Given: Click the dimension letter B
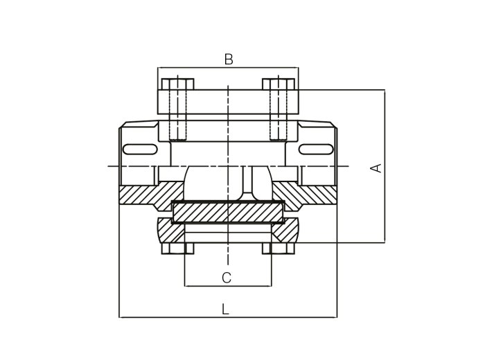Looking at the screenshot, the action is click(x=229, y=59).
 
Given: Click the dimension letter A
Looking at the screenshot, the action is click(x=376, y=168).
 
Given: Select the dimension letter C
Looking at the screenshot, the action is click(x=227, y=278).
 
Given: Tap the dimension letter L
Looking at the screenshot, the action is click(x=225, y=309).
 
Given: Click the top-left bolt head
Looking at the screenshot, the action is click(x=178, y=84).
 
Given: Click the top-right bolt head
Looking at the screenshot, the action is click(x=279, y=84).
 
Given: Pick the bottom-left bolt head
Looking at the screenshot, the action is click(x=178, y=249).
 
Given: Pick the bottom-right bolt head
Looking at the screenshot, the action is click(x=279, y=249).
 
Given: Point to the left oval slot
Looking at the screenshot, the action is click(x=140, y=150).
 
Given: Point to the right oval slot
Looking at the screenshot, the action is click(x=316, y=150).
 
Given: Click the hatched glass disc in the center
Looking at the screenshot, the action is click(x=228, y=212).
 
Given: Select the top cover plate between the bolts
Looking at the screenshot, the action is click(x=228, y=102).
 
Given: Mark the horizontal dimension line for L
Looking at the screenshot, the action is click(x=228, y=317).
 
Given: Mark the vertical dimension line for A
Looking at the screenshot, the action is click(x=385, y=166).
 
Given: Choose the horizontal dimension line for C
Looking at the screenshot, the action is click(x=228, y=286).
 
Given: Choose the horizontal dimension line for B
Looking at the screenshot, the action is click(x=228, y=67).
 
